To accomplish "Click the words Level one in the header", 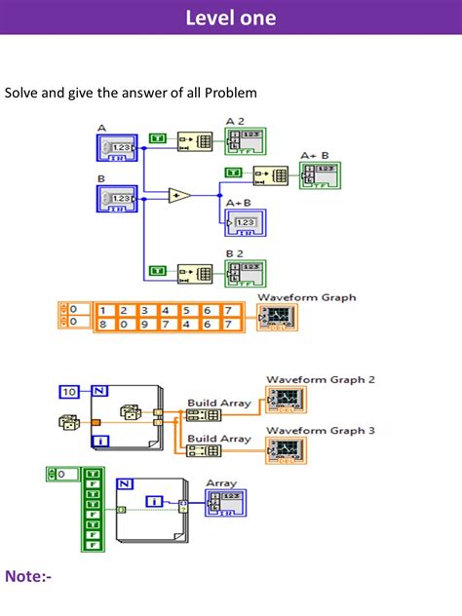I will pyautogui.click(x=230, y=18).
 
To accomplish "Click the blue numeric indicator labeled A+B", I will pyautogui.click(x=244, y=222).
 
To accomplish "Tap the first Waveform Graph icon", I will pyautogui.click(x=277, y=317).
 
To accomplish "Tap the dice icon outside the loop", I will pyautogui.click(x=69, y=422).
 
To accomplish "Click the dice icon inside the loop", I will pyautogui.click(x=130, y=412).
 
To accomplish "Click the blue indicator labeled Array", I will pyautogui.click(x=225, y=503).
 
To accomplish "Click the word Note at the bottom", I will pyautogui.click(x=28, y=577).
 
